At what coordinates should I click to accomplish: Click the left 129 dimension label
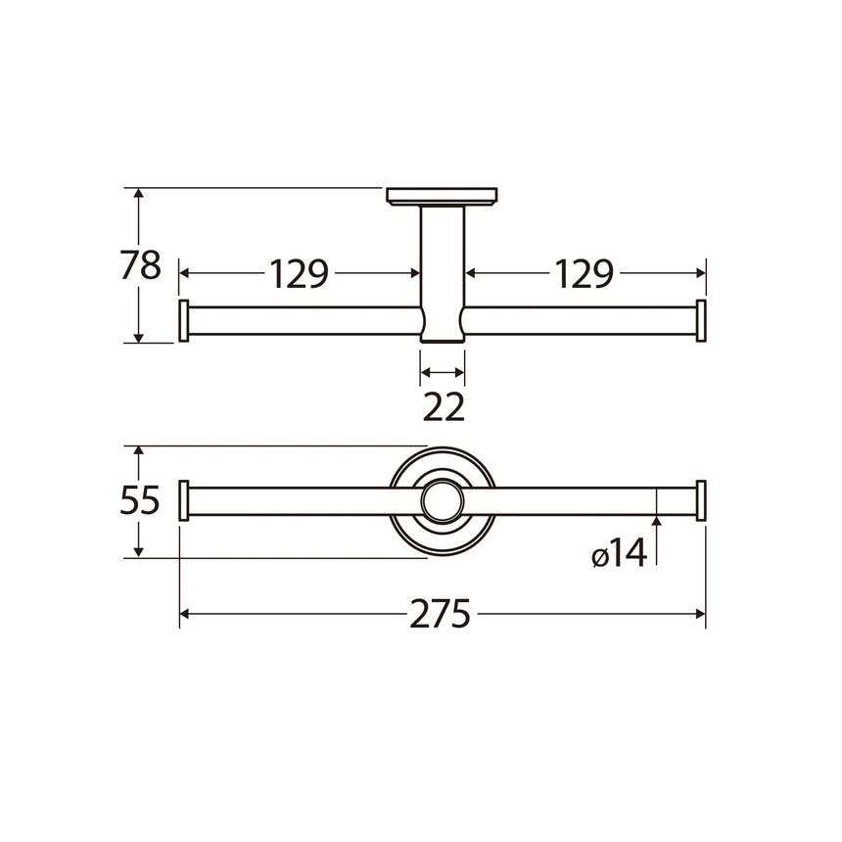[299, 274]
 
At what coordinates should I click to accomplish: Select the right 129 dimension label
[585, 274]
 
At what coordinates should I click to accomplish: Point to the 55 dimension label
[140, 501]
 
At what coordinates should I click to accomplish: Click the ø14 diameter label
[620, 555]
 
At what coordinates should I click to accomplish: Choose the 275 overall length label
[441, 615]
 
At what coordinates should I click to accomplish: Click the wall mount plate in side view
[443, 197]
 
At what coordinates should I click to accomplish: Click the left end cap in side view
[183, 321]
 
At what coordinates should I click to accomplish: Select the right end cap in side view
[700, 321]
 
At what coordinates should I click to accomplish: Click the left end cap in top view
[183, 501]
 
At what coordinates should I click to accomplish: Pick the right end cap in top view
[700, 501]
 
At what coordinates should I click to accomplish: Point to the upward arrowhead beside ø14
[656, 525]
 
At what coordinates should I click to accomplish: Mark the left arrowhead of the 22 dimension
[426, 372]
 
